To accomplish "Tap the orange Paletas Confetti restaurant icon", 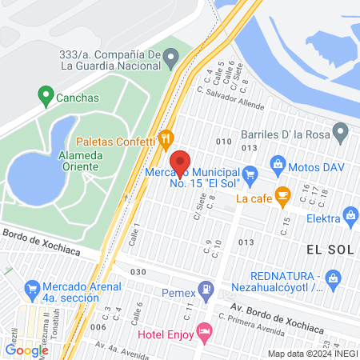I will [166, 138].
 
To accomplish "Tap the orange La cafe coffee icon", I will [282, 194].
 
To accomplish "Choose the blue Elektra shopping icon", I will [350, 214].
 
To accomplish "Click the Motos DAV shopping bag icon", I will [278, 165].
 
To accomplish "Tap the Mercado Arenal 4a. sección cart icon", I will [33, 286].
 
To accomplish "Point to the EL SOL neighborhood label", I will [330, 248].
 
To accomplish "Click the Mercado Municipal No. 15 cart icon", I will [250, 171].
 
